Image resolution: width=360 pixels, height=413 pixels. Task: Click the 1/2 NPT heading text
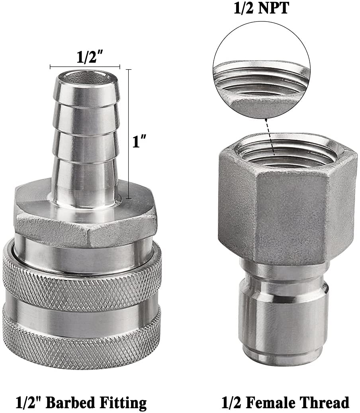(x=261, y=8)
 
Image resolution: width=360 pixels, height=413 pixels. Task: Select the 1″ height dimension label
(x=139, y=142)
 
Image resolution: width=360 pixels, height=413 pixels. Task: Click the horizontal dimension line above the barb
(x=85, y=66)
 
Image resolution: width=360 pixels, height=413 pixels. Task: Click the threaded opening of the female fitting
(x=284, y=153)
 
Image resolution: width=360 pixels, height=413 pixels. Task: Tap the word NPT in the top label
(x=275, y=8)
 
